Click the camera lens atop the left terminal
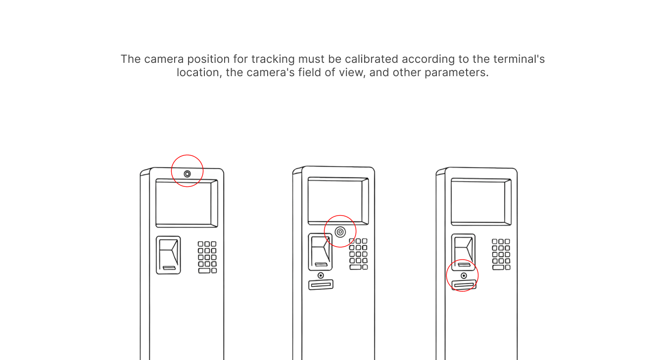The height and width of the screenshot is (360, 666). (x=187, y=174)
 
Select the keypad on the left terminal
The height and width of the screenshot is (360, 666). (x=207, y=257)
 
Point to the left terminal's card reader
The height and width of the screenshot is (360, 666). (x=168, y=255)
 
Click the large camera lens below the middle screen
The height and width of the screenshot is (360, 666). (x=340, y=232)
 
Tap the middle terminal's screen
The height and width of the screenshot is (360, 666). (x=338, y=201)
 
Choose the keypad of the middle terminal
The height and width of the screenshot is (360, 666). (x=358, y=254)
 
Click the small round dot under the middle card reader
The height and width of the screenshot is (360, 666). (x=321, y=275)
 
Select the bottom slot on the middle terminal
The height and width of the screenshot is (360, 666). (x=321, y=285)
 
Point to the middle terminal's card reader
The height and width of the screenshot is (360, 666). (x=320, y=252)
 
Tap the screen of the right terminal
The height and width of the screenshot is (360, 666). (x=481, y=202)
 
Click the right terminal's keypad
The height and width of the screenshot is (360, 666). (x=501, y=255)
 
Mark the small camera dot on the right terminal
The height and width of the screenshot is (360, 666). (x=464, y=276)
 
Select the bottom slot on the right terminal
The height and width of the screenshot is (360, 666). (x=464, y=285)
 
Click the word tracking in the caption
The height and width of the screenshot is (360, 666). (x=273, y=59)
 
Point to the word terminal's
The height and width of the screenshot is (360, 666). (x=519, y=59)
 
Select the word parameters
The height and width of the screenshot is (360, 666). (x=456, y=73)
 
